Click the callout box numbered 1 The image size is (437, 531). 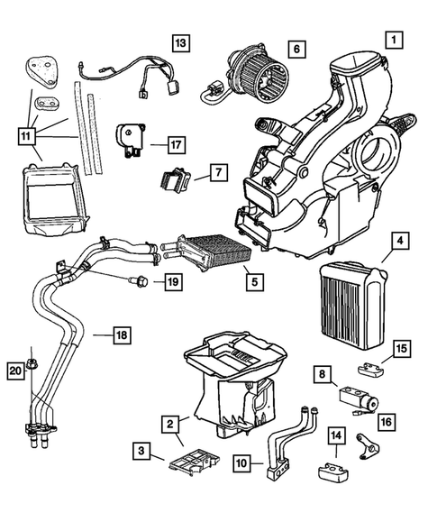(x=392, y=40)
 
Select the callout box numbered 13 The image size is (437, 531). (x=182, y=42)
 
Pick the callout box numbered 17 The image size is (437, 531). (x=175, y=142)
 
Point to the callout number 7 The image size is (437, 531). (x=217, y=170)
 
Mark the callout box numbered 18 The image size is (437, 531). (x=121, y=336)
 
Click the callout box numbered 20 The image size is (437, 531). (x=14, y=370)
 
